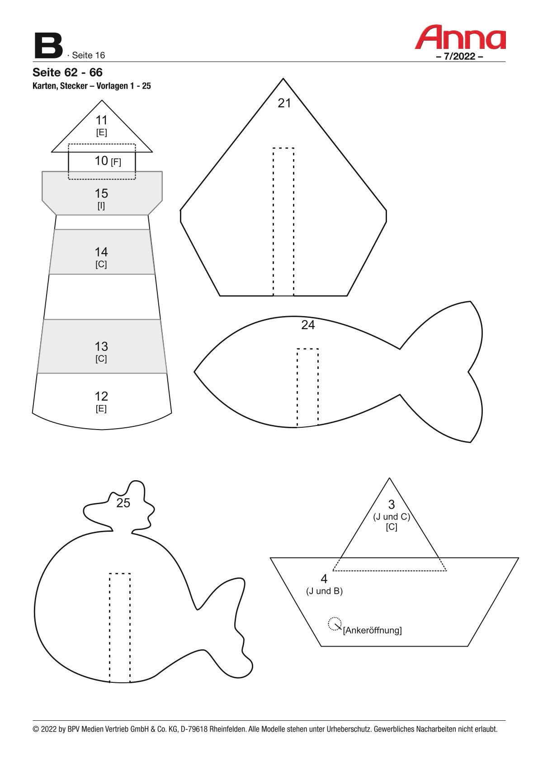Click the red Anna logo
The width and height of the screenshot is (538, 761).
(460, 38)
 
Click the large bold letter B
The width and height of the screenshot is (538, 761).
(48, 46)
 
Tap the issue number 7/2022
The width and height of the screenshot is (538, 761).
(459, 57)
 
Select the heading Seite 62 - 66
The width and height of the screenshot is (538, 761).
(67, 72)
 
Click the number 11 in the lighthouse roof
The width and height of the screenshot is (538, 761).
(101, 120)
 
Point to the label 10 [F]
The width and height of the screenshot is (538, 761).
(108, 161)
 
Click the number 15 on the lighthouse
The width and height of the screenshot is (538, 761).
(101, 194)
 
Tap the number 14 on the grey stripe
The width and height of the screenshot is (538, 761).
(101, 252)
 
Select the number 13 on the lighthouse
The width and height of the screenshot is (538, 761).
(101, 346)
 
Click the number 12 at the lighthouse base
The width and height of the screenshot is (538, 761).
(101, 396)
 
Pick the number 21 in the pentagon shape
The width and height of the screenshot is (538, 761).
(284, 103)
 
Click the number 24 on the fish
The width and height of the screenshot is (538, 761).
(308, 325)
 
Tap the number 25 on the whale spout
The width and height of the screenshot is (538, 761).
(123, 503)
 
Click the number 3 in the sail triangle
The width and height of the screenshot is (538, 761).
(391, 505)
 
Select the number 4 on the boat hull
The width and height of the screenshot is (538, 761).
(324, 578)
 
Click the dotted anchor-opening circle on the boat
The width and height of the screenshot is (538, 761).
(335, 624)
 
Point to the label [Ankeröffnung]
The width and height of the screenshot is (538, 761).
(372, 630)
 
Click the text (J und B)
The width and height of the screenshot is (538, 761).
(324, 591)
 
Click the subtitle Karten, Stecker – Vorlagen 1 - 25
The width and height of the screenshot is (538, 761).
(92, 86)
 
